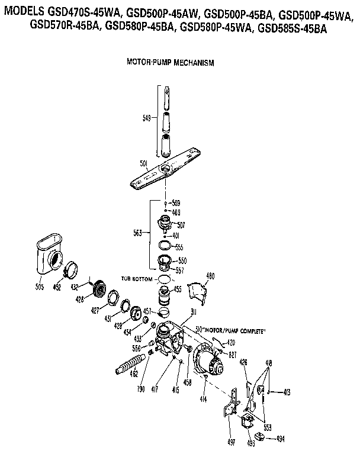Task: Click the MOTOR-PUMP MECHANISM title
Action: coord(170,62)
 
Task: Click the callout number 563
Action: coord(137,233)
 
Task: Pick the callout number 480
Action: coord(210,276)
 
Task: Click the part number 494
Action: coord(282,439)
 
